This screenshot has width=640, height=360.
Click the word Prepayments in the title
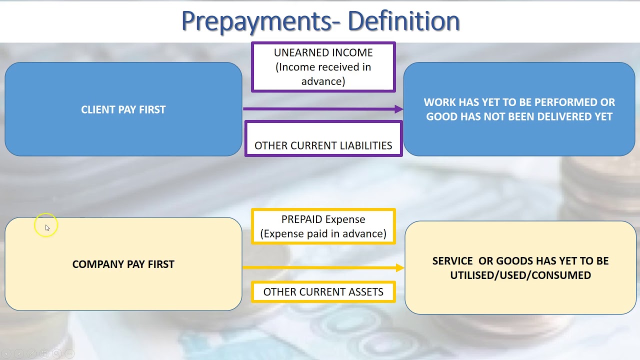click(x=260, y=21)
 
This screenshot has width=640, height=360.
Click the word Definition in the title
click(x=403, y=21)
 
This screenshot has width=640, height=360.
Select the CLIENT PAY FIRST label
click(x=123, y=109)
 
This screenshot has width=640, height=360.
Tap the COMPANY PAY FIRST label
click(x=123, y=264)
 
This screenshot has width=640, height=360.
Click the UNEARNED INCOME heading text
click(x=323, y=52)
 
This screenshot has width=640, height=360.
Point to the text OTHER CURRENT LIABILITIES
click(x=323, y=145)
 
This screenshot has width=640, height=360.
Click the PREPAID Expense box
click(x=323, y=226)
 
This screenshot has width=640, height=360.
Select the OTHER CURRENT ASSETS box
click(x=323, y=292)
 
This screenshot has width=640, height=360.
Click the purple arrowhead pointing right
click(x=398, y=109)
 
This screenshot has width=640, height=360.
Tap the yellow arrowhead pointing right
click(x=399, y=268)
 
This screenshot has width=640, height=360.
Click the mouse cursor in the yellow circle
click(x=47, y=227)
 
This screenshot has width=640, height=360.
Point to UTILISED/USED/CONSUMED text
click(x=520, y=275)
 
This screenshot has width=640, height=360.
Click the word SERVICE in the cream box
click(x=452, y=261)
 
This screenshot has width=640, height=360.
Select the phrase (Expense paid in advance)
click(x=323, y=233)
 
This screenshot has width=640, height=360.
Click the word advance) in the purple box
click(x=323, y=81)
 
